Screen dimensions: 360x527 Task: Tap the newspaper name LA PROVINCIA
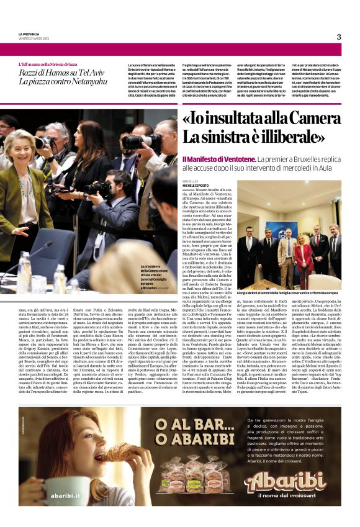click(x=29, y=34)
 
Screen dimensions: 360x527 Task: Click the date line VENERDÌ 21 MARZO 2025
click(x=32, y=38)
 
